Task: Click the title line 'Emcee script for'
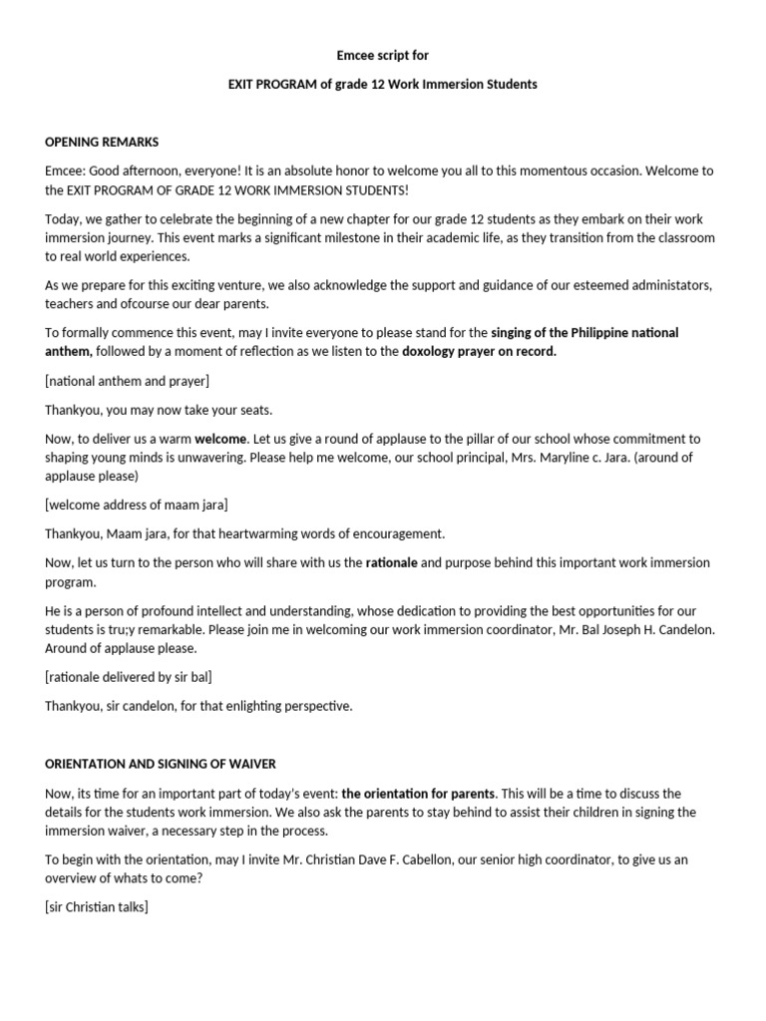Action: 383,56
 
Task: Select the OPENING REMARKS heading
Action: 102,142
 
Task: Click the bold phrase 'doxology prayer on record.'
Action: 480,352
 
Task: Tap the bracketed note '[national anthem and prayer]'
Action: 127,381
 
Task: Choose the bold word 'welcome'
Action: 220,439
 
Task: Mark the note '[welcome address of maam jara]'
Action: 137,506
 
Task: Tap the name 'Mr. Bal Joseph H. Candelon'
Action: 624,630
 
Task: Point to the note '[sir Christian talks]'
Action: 97,879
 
